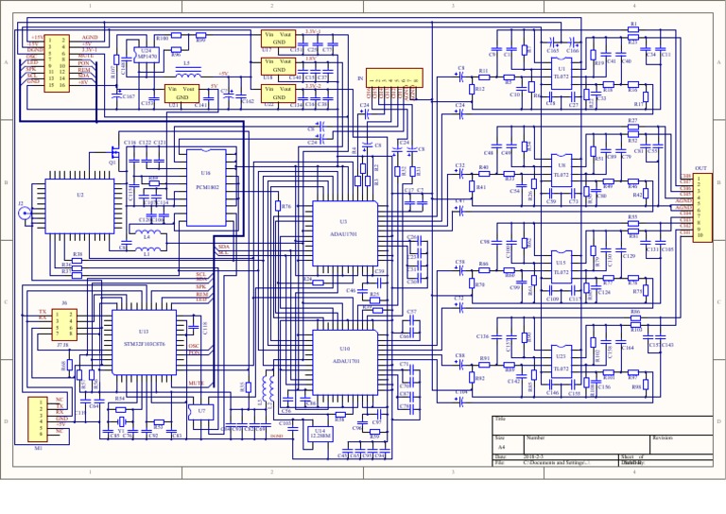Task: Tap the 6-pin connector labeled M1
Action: (39, 417)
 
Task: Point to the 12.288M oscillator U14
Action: (321, 433)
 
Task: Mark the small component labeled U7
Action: (202, 412)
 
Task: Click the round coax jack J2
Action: (24, 214)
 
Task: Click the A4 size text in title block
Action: (502, 447)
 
